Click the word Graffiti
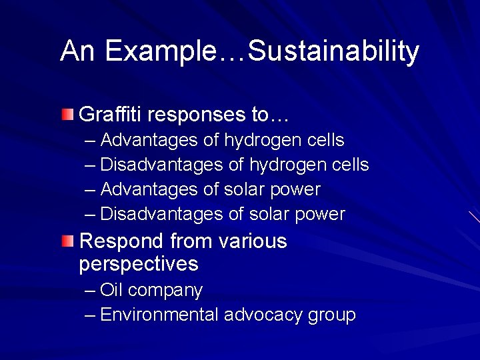coord(111,115)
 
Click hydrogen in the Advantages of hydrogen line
coord(264,141)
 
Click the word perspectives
coord(139,265)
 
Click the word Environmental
coord(159,315)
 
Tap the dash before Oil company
coord(91,291)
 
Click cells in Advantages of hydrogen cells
coord(327,140)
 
